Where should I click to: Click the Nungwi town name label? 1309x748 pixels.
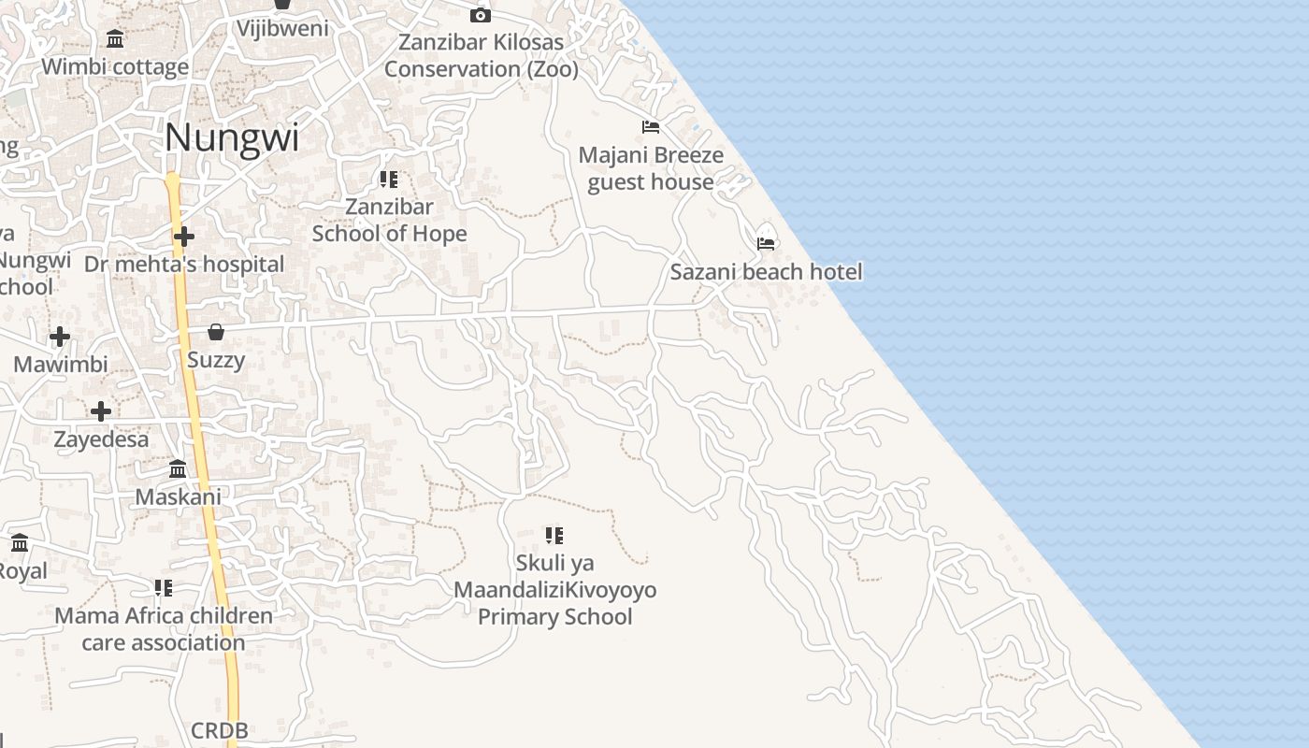pos(232,138)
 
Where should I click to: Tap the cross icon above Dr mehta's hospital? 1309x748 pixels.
pos(184,237)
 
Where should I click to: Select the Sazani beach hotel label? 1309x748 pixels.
pos(766,272)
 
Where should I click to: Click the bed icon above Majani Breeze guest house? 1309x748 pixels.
pos(651,127)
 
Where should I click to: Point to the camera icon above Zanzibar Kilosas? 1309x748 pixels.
pos(480,15)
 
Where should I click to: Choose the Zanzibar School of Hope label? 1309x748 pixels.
pos(389,220)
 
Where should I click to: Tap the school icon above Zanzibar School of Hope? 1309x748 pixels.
pos(389,180)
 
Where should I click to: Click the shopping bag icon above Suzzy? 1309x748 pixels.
pos(216,332)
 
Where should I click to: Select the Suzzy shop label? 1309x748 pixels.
pos(216,360)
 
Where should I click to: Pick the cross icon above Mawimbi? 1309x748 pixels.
pos(60,336)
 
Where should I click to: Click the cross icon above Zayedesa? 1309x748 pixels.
pos(101,410)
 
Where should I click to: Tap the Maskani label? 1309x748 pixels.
pos(179,496)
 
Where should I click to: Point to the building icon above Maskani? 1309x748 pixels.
pos(178,468)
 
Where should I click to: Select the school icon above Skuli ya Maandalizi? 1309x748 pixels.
pos(554,536)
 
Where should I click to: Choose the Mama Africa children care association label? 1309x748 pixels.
pos(164,629)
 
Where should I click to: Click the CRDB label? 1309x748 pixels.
pos(220,730)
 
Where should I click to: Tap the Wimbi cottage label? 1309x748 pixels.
pos(115,67)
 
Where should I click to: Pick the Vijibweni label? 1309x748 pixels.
pos(282,28)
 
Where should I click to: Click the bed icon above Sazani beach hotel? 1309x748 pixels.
pos(767,243)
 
